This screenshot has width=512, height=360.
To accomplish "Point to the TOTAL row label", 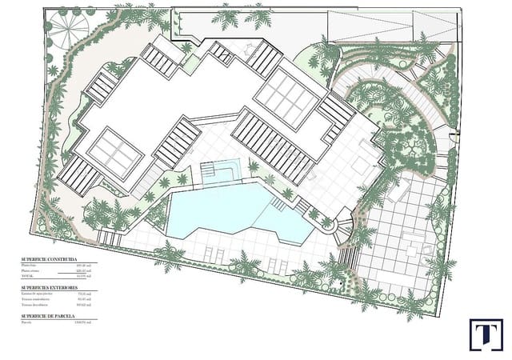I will tap(28, 278).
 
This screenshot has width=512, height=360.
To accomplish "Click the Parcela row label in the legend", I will tap(27, 324).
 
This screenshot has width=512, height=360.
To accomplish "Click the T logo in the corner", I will tap(485, 334).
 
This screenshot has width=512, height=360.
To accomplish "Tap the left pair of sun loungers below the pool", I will tap(213, 254).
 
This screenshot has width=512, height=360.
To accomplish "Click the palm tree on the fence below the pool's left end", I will tap(169, 256).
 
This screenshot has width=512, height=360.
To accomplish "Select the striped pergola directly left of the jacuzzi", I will tap(178, 142).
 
